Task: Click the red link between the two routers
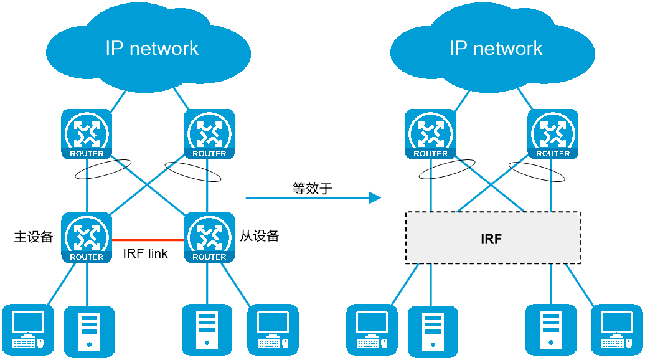(x=148, y=240)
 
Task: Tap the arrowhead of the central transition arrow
(x=375, y=197)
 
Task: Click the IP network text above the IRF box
(x=496, y=49)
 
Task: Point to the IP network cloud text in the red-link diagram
(x=152, y=49)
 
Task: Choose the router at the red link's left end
(x=87, y=237)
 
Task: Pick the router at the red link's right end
(x=209, y=237)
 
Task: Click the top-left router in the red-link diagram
(x=87, y=134)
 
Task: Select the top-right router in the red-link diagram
(x=209, y=134)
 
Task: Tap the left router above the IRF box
(x=430, y=134)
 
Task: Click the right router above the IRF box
(x=553, y=134)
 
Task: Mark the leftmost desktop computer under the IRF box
(x=372, y=329)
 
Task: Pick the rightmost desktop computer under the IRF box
(x=616, y=329)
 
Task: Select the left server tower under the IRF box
(x=433, y=330)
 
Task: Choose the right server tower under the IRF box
(x=551, y=330)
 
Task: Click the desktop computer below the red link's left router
(x=28, y=329)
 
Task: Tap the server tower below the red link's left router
(x=89, y=330)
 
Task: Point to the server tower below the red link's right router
(x=207, y=330)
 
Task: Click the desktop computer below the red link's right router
(x=273, y=329)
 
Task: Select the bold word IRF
(x=491, y=239)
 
